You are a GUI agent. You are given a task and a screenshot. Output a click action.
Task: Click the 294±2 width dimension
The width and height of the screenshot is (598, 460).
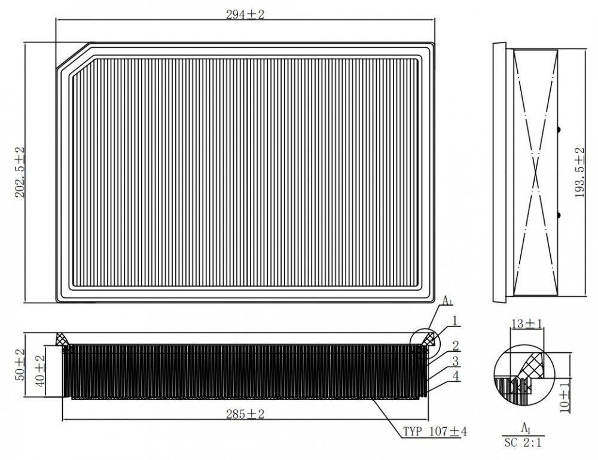245,15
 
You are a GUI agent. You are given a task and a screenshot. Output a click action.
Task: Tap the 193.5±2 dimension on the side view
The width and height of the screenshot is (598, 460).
579,172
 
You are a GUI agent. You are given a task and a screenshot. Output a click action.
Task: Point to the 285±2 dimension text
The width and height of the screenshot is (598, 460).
245,414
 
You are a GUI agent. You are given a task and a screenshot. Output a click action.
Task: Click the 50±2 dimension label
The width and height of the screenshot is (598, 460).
20,364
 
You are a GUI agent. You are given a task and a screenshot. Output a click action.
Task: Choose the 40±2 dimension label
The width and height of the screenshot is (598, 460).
41,370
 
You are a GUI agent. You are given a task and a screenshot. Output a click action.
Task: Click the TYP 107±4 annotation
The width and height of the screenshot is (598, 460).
435,431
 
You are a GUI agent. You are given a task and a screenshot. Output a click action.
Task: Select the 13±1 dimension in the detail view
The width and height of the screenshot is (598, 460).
527,324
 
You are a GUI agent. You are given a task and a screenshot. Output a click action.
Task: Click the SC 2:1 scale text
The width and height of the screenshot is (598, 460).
523,443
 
